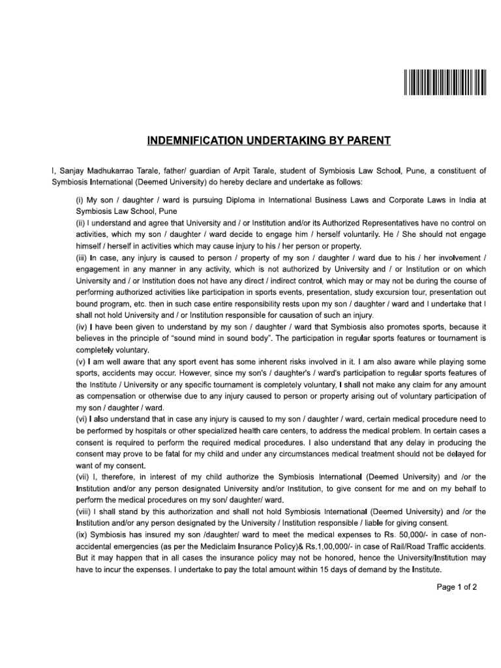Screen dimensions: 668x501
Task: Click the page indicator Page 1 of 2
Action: [x=457, y=586]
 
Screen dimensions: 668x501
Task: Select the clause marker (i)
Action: [x=80, y=200]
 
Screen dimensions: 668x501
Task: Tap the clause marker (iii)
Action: [x=82, y=258]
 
